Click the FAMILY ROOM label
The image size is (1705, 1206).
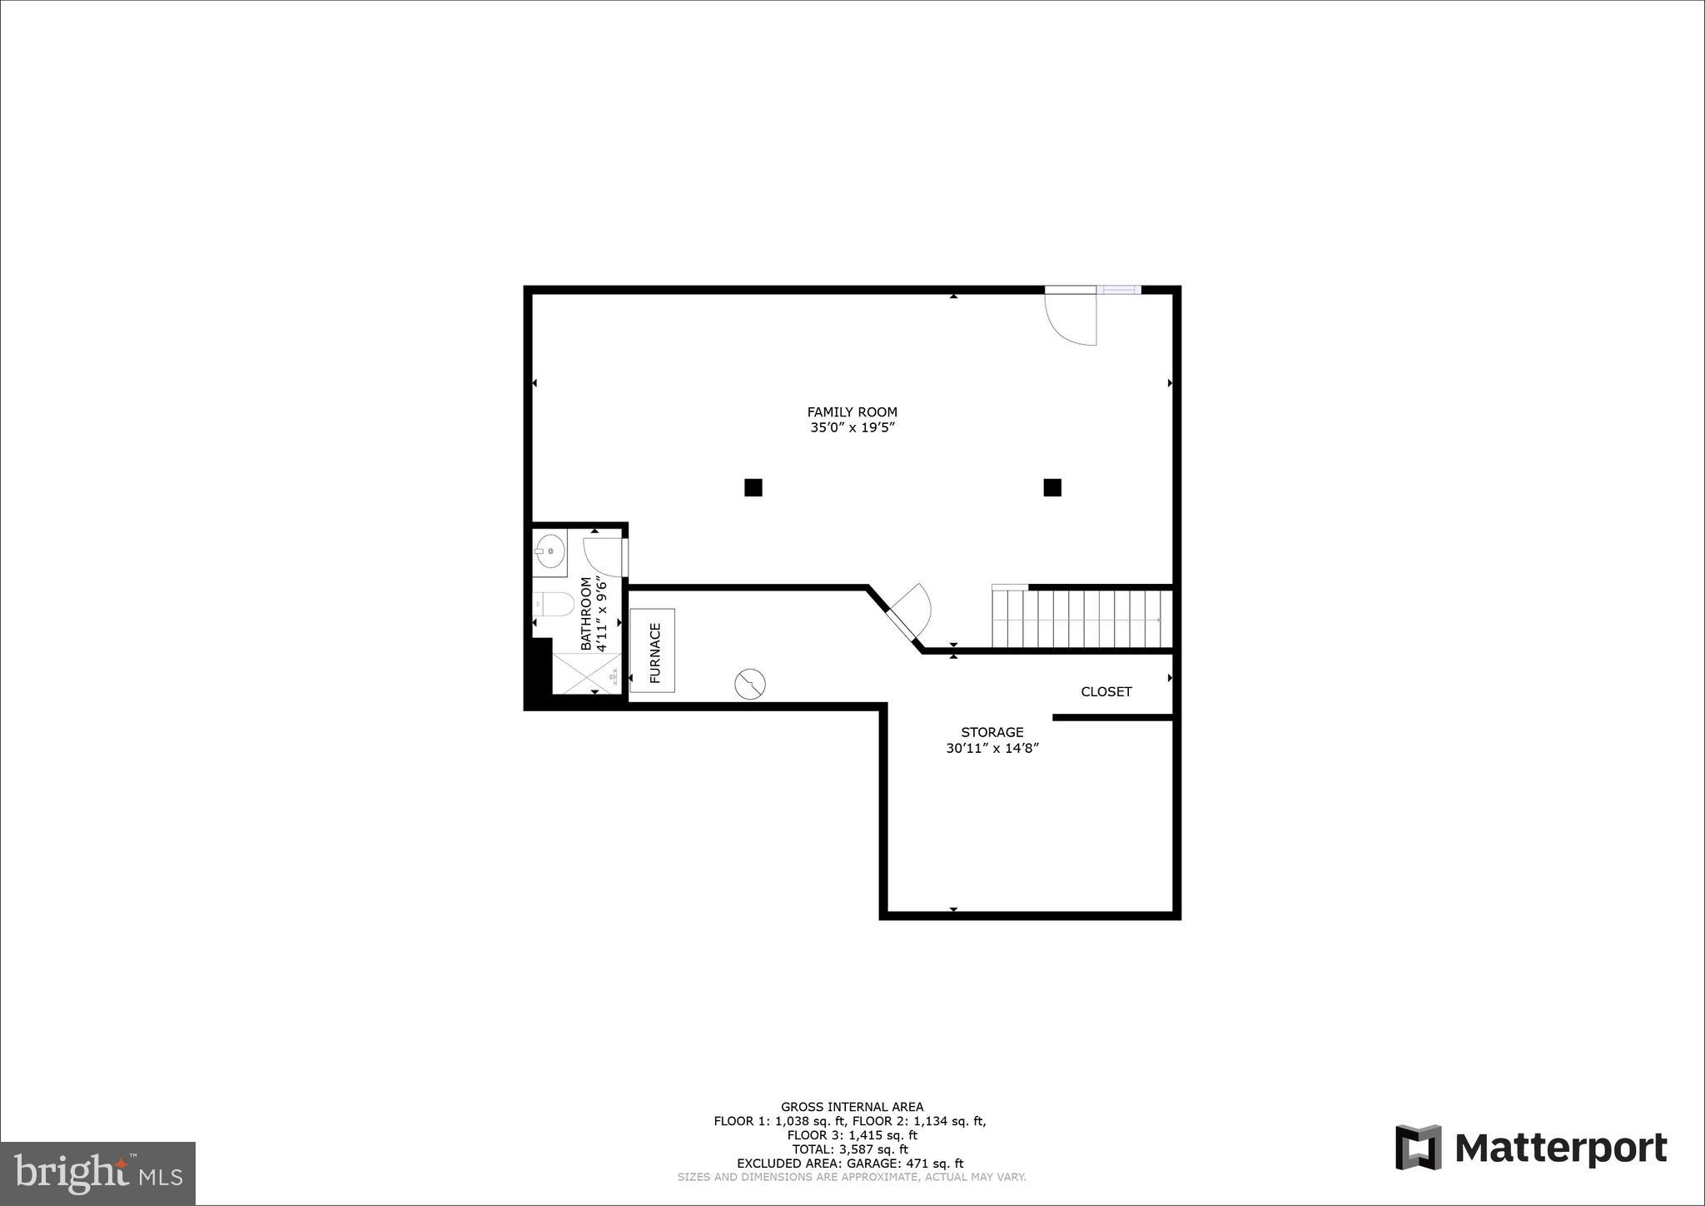(852, 411)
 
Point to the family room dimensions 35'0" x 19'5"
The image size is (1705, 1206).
(852, 428)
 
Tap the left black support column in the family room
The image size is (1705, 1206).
(753, 487)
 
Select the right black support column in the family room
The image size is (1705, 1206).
(1052, 487)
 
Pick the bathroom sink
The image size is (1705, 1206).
(549, 551)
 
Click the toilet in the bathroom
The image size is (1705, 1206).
(554, 603)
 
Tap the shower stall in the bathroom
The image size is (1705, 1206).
(587, 674)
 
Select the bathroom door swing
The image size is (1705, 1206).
(604, 556)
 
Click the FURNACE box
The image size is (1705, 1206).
(653, 650)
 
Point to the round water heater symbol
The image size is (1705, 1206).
(750, 684)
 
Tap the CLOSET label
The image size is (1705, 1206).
(1106, 691)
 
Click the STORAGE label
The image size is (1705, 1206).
(992, 732)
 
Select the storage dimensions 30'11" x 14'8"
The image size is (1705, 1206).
(992, 748)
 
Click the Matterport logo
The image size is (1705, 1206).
(1531, 1148)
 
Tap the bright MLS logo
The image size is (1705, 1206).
(98, 1174)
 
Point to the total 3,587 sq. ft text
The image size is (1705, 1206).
(850, 1149)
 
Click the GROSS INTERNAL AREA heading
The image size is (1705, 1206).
(851, 1107)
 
